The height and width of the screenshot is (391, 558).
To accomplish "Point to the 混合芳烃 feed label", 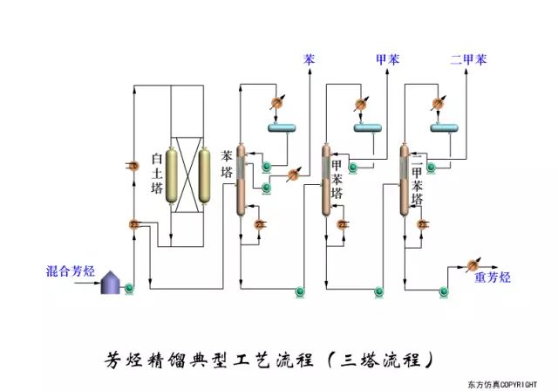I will [69, 271].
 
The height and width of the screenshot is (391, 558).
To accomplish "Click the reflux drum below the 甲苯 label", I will [368, 129].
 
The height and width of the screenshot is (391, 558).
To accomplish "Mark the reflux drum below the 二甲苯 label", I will [446, 129].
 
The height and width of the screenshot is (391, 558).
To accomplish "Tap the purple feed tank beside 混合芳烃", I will [110, 281].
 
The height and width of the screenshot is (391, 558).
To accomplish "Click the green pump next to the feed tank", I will [129, 286].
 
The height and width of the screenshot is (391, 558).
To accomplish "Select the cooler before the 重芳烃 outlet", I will [473, 264].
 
